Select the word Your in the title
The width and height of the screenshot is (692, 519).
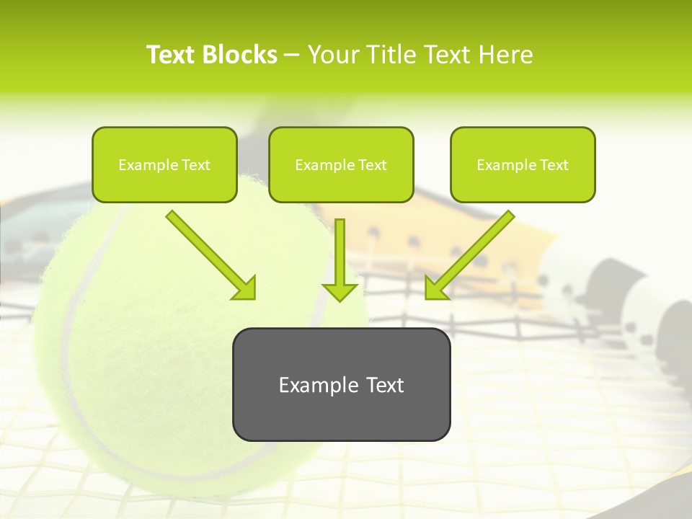(333, 55)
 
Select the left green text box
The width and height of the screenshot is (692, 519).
(164, 164)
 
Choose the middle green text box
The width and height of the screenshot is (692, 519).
(341, 164)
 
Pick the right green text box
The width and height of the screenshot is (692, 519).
(523, 164)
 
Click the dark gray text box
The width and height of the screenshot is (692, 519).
(341, 384)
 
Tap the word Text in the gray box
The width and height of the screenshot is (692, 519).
(385, 385)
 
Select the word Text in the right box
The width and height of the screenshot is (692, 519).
(554, 165)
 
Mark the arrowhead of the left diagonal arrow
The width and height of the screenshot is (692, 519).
(245, 288)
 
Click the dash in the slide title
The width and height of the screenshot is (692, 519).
(292, 55)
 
